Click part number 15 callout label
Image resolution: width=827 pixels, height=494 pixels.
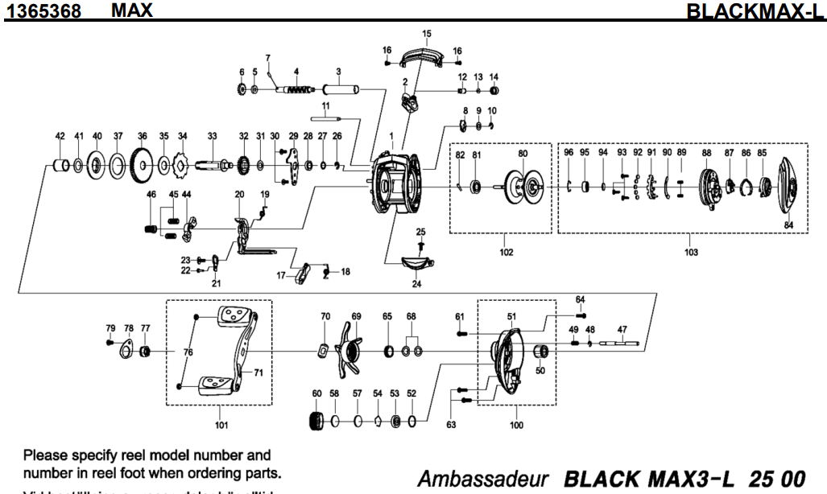(x=426, y=33)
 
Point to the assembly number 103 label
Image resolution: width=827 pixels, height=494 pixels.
(x=691, y=251)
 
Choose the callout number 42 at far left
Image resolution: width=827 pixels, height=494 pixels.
(x=60, y=138)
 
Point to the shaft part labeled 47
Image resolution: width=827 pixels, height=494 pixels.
(x=622, y=344)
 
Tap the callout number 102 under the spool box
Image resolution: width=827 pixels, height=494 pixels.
(x=506, y=249)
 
